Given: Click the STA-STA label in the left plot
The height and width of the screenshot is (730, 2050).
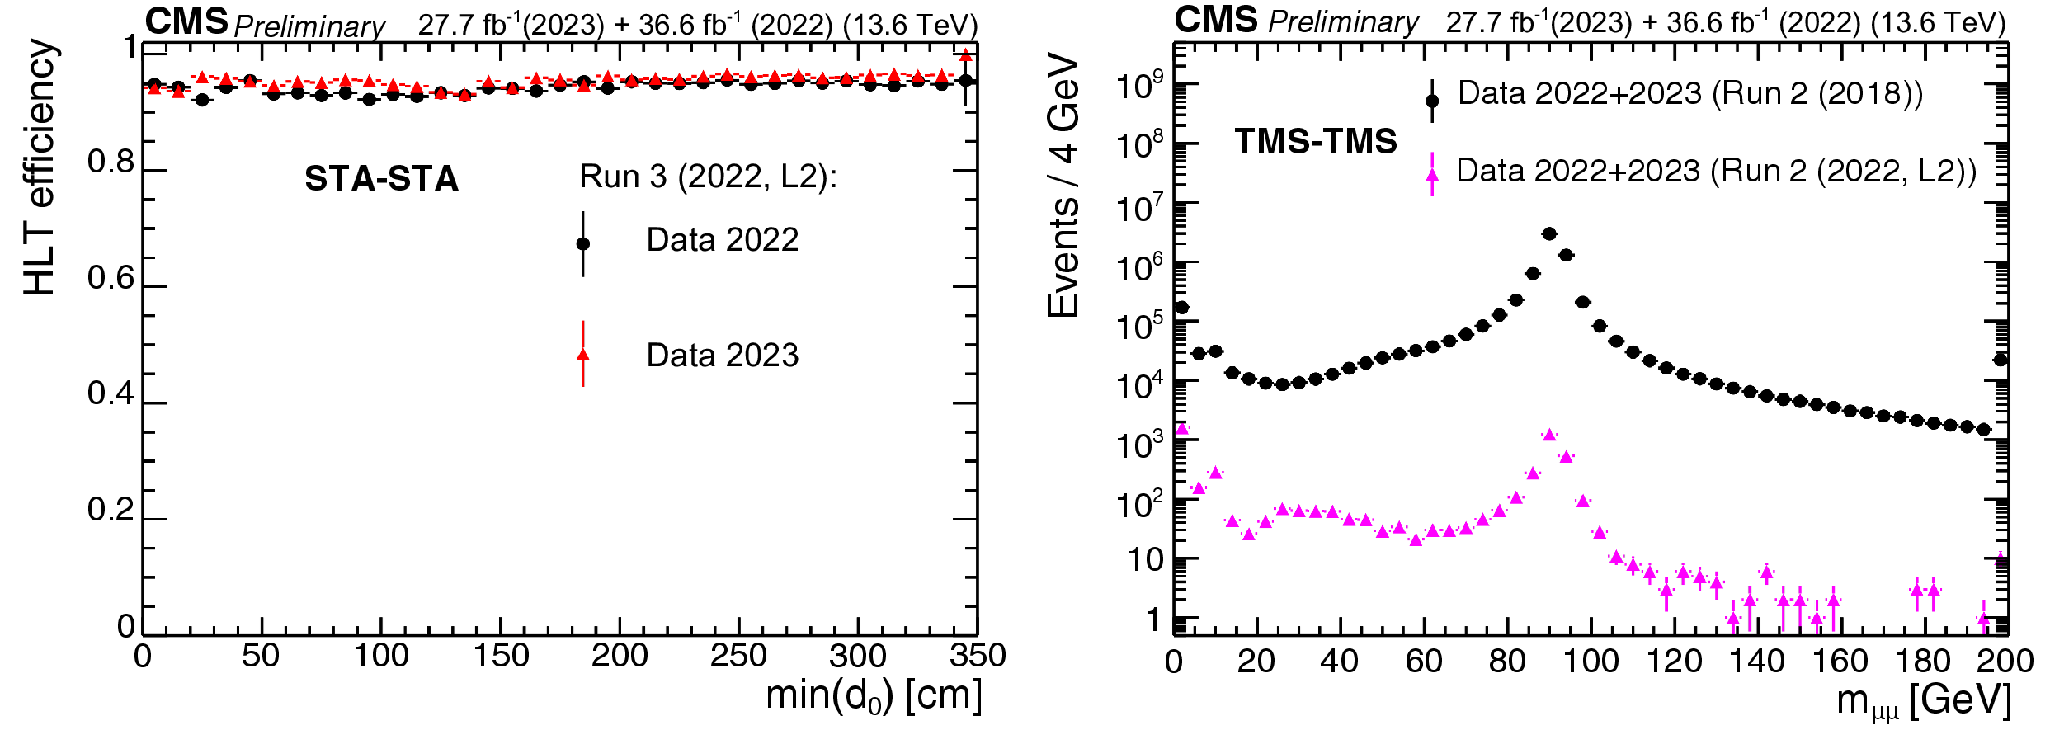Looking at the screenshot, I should coord(381,179).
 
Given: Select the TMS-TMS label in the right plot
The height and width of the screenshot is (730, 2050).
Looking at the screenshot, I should coord(1315,142).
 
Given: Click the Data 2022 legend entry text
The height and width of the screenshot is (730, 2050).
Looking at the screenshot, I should coord(722,240).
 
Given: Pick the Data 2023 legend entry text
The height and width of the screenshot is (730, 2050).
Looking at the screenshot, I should coord(722,356).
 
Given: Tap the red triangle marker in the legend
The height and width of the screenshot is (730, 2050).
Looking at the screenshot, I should coord(583,355).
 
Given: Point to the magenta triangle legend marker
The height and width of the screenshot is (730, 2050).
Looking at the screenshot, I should coord(1432,174).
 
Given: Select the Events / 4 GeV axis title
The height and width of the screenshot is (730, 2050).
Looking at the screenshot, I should coord(1063,186).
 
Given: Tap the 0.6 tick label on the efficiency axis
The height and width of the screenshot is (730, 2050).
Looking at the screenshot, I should coord(111,279).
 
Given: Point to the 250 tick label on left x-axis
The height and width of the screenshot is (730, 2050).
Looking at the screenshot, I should coord(738,657).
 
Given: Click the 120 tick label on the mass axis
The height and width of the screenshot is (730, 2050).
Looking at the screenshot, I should coord(1675,662).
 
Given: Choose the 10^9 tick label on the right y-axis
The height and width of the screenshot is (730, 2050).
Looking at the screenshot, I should coord(1139,85).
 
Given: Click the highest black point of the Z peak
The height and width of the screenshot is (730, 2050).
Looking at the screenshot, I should coord(1549,234).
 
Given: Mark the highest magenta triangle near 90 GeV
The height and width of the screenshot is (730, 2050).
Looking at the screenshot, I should coord(1549,435).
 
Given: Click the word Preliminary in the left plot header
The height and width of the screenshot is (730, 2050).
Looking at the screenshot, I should coord(309,26).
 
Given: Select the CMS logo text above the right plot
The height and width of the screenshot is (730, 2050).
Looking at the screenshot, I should coord(1216,21).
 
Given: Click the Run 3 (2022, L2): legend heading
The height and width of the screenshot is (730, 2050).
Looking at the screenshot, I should coord(708,177).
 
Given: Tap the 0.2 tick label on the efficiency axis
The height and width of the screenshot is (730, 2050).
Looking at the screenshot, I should coord(111,511).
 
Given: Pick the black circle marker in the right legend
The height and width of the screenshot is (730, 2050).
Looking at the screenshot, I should coord(1432,101).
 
